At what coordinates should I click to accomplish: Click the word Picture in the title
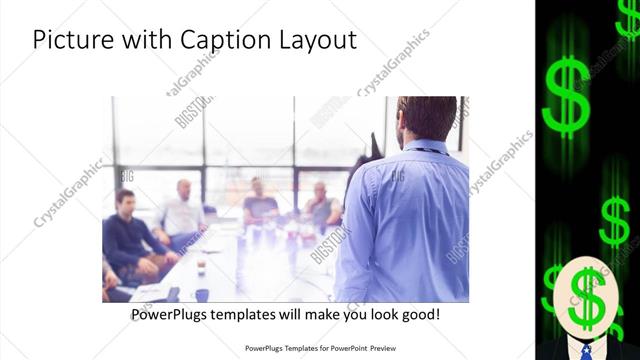pos(71,41)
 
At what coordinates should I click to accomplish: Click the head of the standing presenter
pos(415,118)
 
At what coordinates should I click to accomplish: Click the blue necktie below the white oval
pos(586,350)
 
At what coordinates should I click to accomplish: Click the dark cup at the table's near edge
pos(200,294)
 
